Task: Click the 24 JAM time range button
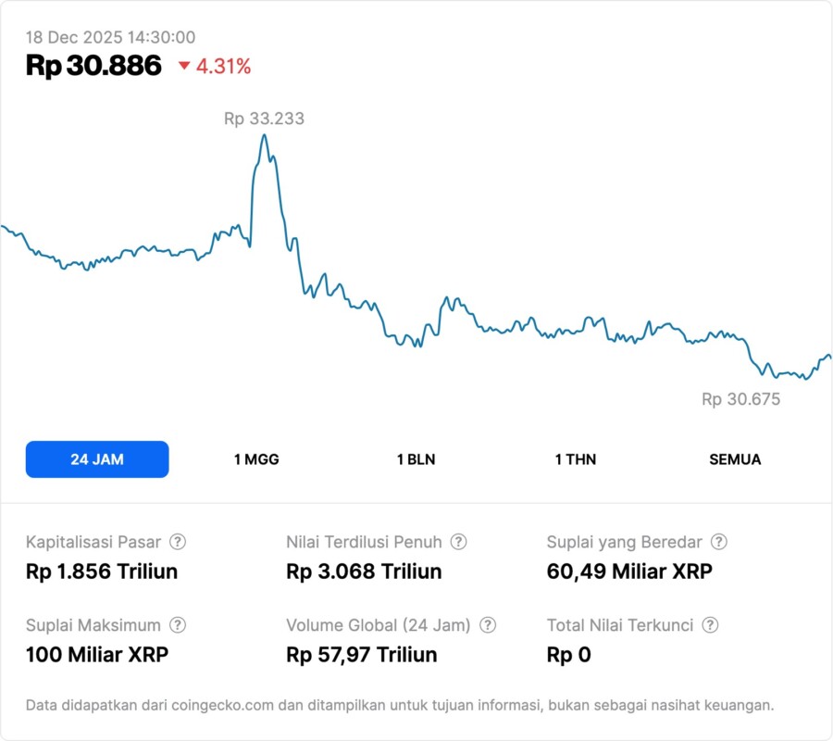[x=97, y=459]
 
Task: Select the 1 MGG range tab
[x=256, y=459]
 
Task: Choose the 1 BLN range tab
[x=416, y=459]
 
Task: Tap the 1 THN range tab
[x=576, y=459]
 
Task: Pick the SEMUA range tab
[x=735, y=459]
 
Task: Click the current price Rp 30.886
[x=93, y=66]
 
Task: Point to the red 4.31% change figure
[x=223, y=67]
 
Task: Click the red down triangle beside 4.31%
[x=184, y=67]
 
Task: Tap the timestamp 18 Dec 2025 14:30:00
[x=110, y=37]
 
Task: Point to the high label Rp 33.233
[x=264, y=119]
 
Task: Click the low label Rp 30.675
[x=740, y=399]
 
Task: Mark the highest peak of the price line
[x=265, y=135]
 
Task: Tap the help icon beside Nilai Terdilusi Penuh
[x=458, y=542]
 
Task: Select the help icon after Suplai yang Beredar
[x=718, y=542]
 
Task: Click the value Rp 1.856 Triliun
[x=102, y=571]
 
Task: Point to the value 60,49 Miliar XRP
[x=629, y=571]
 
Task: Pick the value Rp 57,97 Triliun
[x=362, y=656]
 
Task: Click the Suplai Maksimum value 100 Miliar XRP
[x=97, y=656]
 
